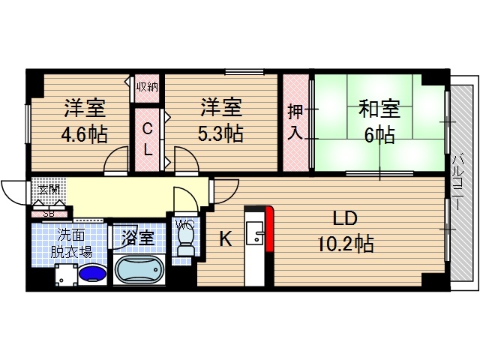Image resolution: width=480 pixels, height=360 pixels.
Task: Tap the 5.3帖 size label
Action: point(220,135)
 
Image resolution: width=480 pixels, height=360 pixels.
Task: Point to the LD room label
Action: point(346,218)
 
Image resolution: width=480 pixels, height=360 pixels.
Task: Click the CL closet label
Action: point(148,139)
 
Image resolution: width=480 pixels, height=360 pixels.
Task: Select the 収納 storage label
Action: point(147,86)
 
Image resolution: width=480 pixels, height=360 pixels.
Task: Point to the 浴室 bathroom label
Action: point(137,238)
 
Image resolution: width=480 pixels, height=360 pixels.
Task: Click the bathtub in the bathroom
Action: point(138,271)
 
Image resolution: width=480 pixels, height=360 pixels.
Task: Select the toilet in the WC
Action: point(182,240)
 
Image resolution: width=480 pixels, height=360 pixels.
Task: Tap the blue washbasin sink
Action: point(92,273)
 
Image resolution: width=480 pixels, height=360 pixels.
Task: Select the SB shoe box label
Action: point(48,214)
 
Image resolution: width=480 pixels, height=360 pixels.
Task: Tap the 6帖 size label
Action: point(379,135)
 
